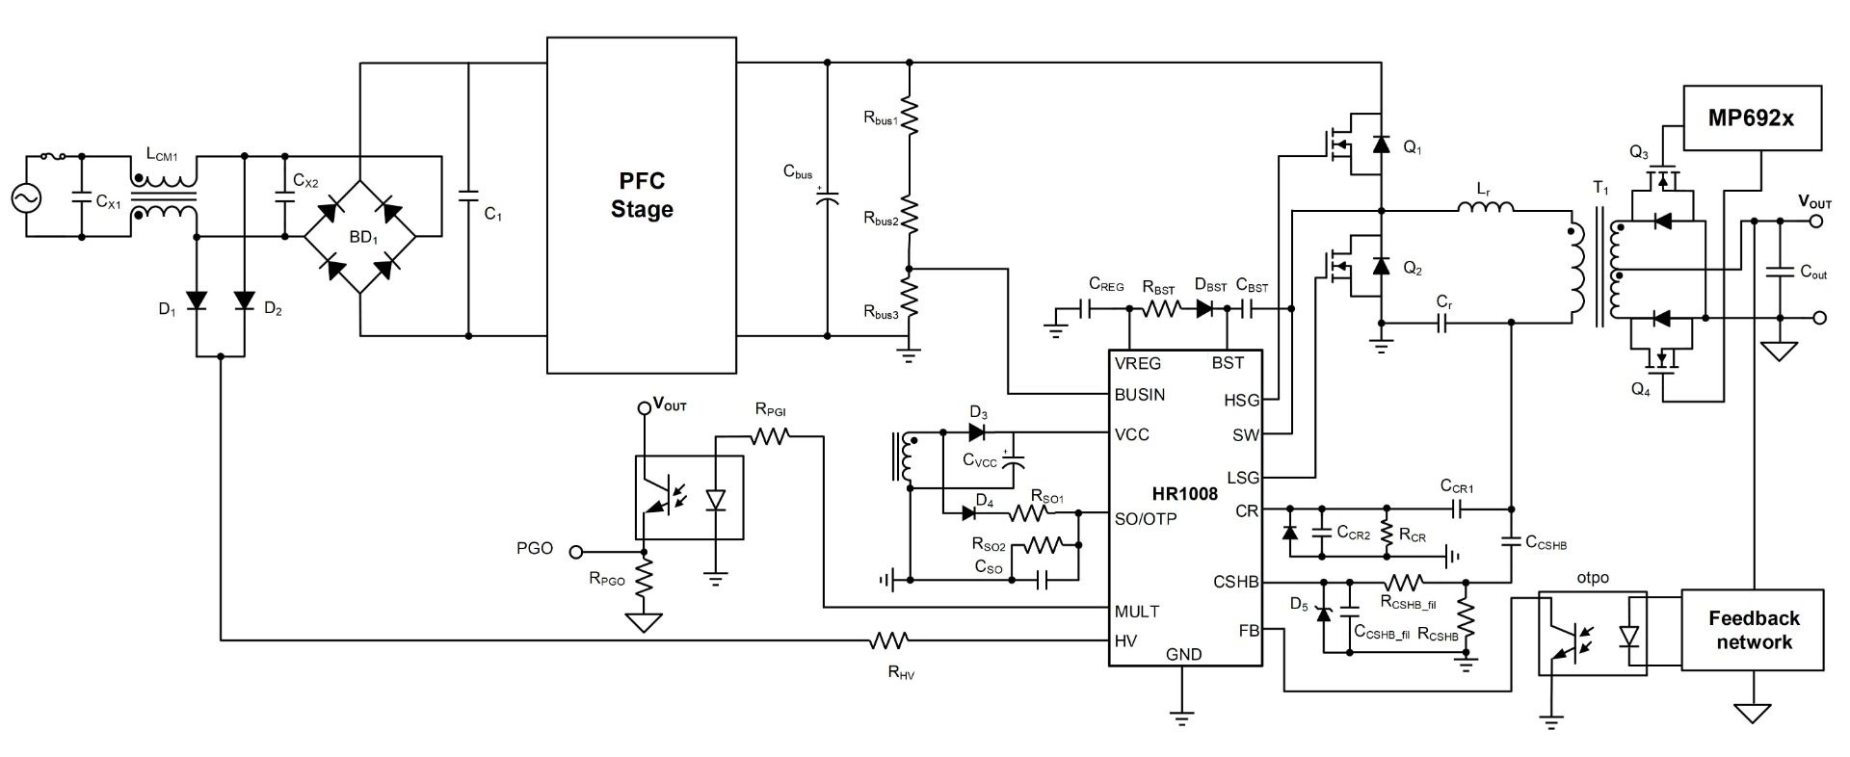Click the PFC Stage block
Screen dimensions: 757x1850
point(641,204)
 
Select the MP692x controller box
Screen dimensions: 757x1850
point(1752,117)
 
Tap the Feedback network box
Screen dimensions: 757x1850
point(1753,630)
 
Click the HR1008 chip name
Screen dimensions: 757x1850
point(1184,494)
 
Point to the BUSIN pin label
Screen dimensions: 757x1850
point(1140,394)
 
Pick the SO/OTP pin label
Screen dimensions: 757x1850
point(1146,518)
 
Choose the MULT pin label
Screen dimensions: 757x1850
point(1137,611)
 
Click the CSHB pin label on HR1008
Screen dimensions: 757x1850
point(1235,582)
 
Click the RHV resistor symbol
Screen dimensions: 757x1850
point(889,640)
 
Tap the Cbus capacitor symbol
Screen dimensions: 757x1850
point(827,197)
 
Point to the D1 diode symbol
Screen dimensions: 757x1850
point(197,301)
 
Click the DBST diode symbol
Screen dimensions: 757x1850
point(1205,309)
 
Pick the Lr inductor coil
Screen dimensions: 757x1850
point(1485,207)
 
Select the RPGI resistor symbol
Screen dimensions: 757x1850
point(770,436)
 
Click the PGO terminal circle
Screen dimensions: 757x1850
point(576,552)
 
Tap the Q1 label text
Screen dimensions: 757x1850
point(1412,149)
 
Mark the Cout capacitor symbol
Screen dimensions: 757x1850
point(1780,273)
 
